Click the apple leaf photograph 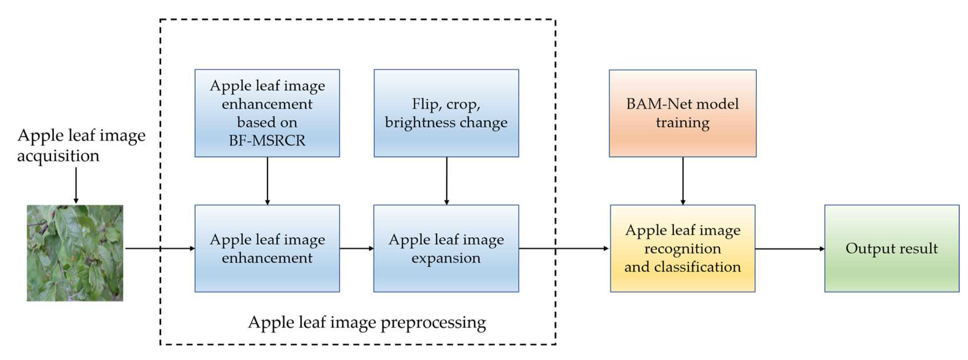(75, 253)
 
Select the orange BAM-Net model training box (682, 113)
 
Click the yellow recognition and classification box (682, 249)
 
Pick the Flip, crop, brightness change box (446, 113)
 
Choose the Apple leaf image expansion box (446, 249)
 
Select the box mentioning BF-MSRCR (267, 113)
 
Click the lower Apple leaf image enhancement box (267, 249)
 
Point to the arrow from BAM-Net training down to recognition (683, 180)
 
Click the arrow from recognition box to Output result (789, 249)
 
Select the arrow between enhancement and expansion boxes (356, 249)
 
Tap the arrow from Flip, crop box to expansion (446, 180)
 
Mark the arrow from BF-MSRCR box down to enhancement (267, 180)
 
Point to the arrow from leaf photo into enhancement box (160, 249)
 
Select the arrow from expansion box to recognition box (563, 249)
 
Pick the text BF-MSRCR (267, 140)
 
